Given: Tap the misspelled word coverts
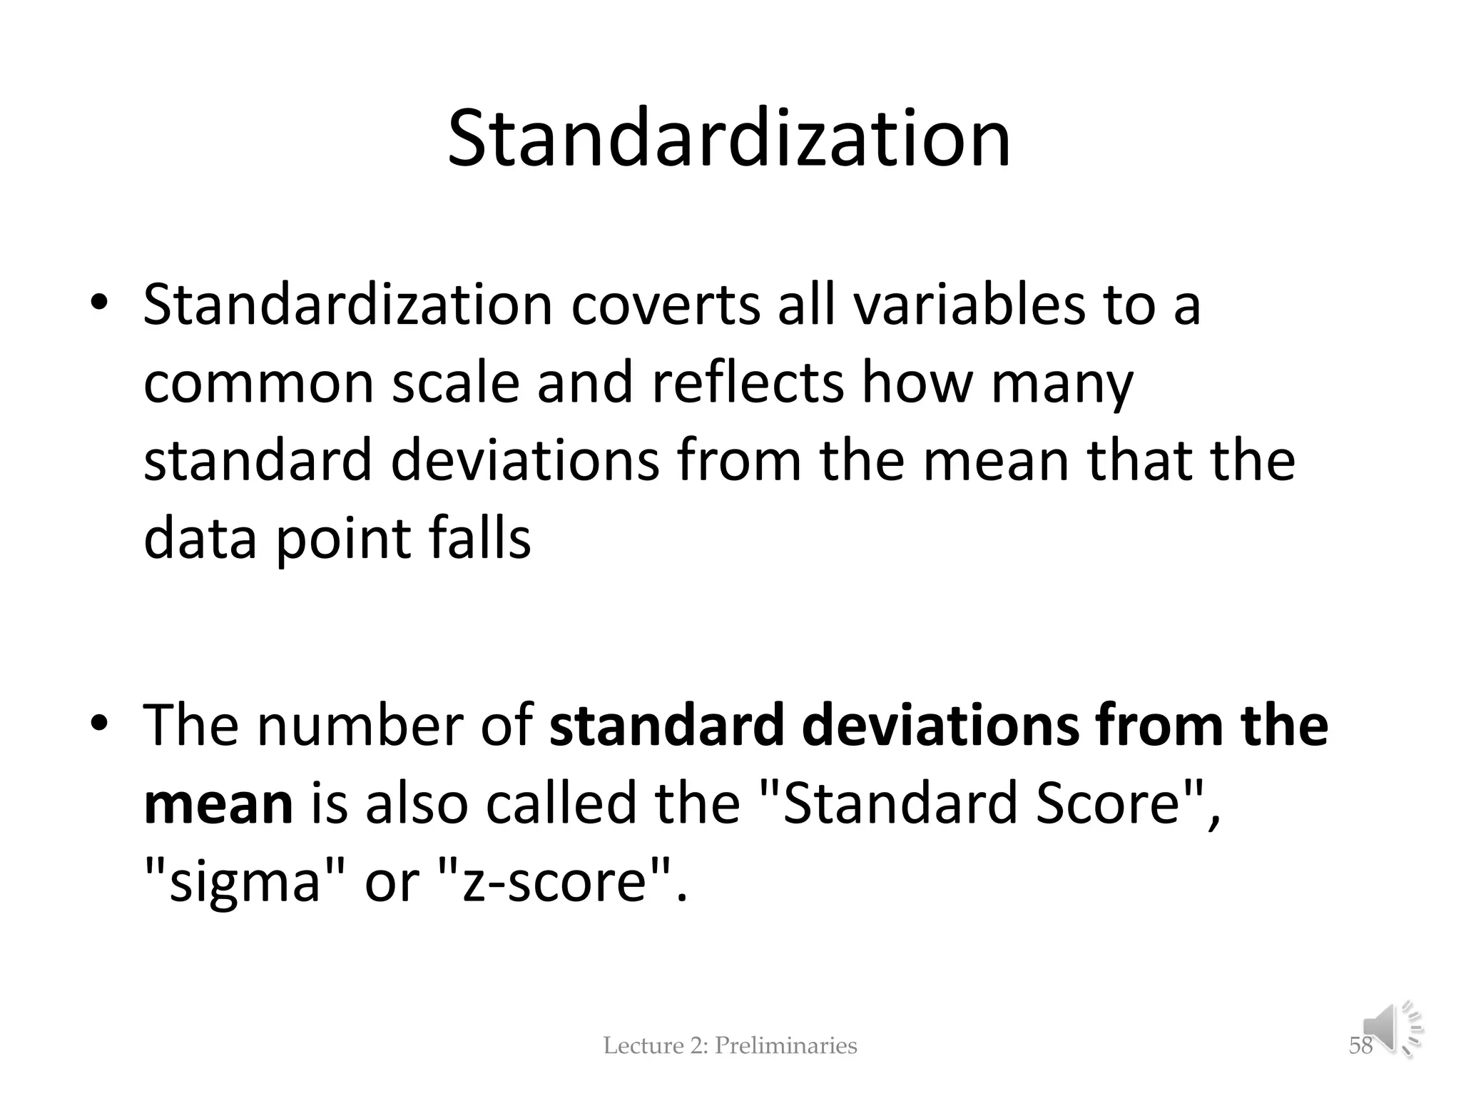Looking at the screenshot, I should pos(666,305).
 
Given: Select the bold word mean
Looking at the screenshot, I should pos(218,803).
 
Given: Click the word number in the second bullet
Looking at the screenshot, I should pos(359,726).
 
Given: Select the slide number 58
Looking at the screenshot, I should pos(1360,1046).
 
